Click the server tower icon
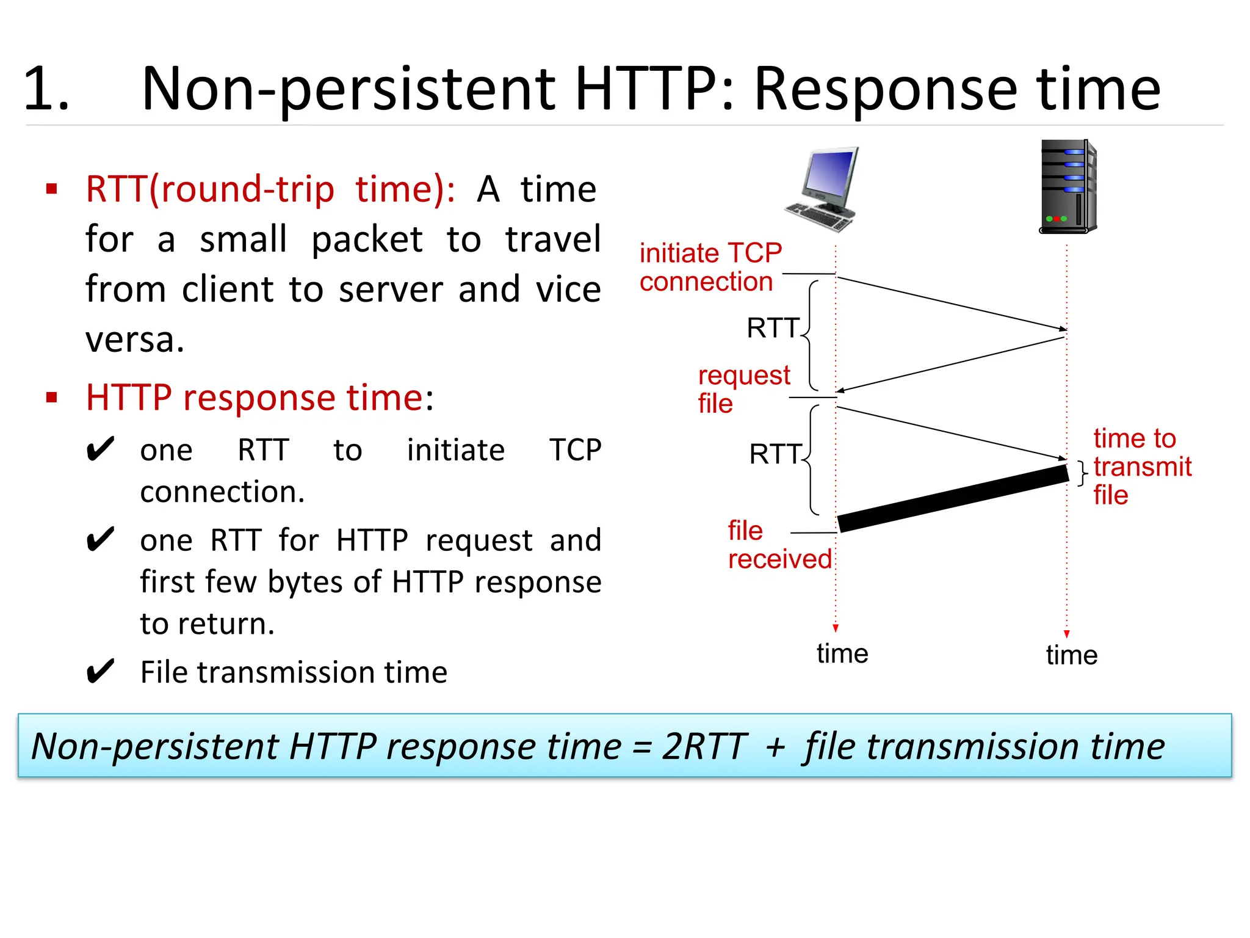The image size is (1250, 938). [1068, 187]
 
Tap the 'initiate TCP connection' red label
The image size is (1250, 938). [710, 267]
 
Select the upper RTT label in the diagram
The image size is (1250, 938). [773, 328]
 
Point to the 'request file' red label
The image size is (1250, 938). [743, 389]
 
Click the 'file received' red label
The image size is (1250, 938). [779, 545]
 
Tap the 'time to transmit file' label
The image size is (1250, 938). [1141, 467]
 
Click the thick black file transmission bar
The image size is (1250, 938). [952, 498]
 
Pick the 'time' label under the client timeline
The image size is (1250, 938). [842, 653]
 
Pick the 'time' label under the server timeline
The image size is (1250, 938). [1071, 655]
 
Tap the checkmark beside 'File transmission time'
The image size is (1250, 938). [100, 672]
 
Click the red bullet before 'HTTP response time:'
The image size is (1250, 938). [52, 398]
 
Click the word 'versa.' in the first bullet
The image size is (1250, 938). [135, 340]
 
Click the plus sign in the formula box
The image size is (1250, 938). [775, 747]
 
